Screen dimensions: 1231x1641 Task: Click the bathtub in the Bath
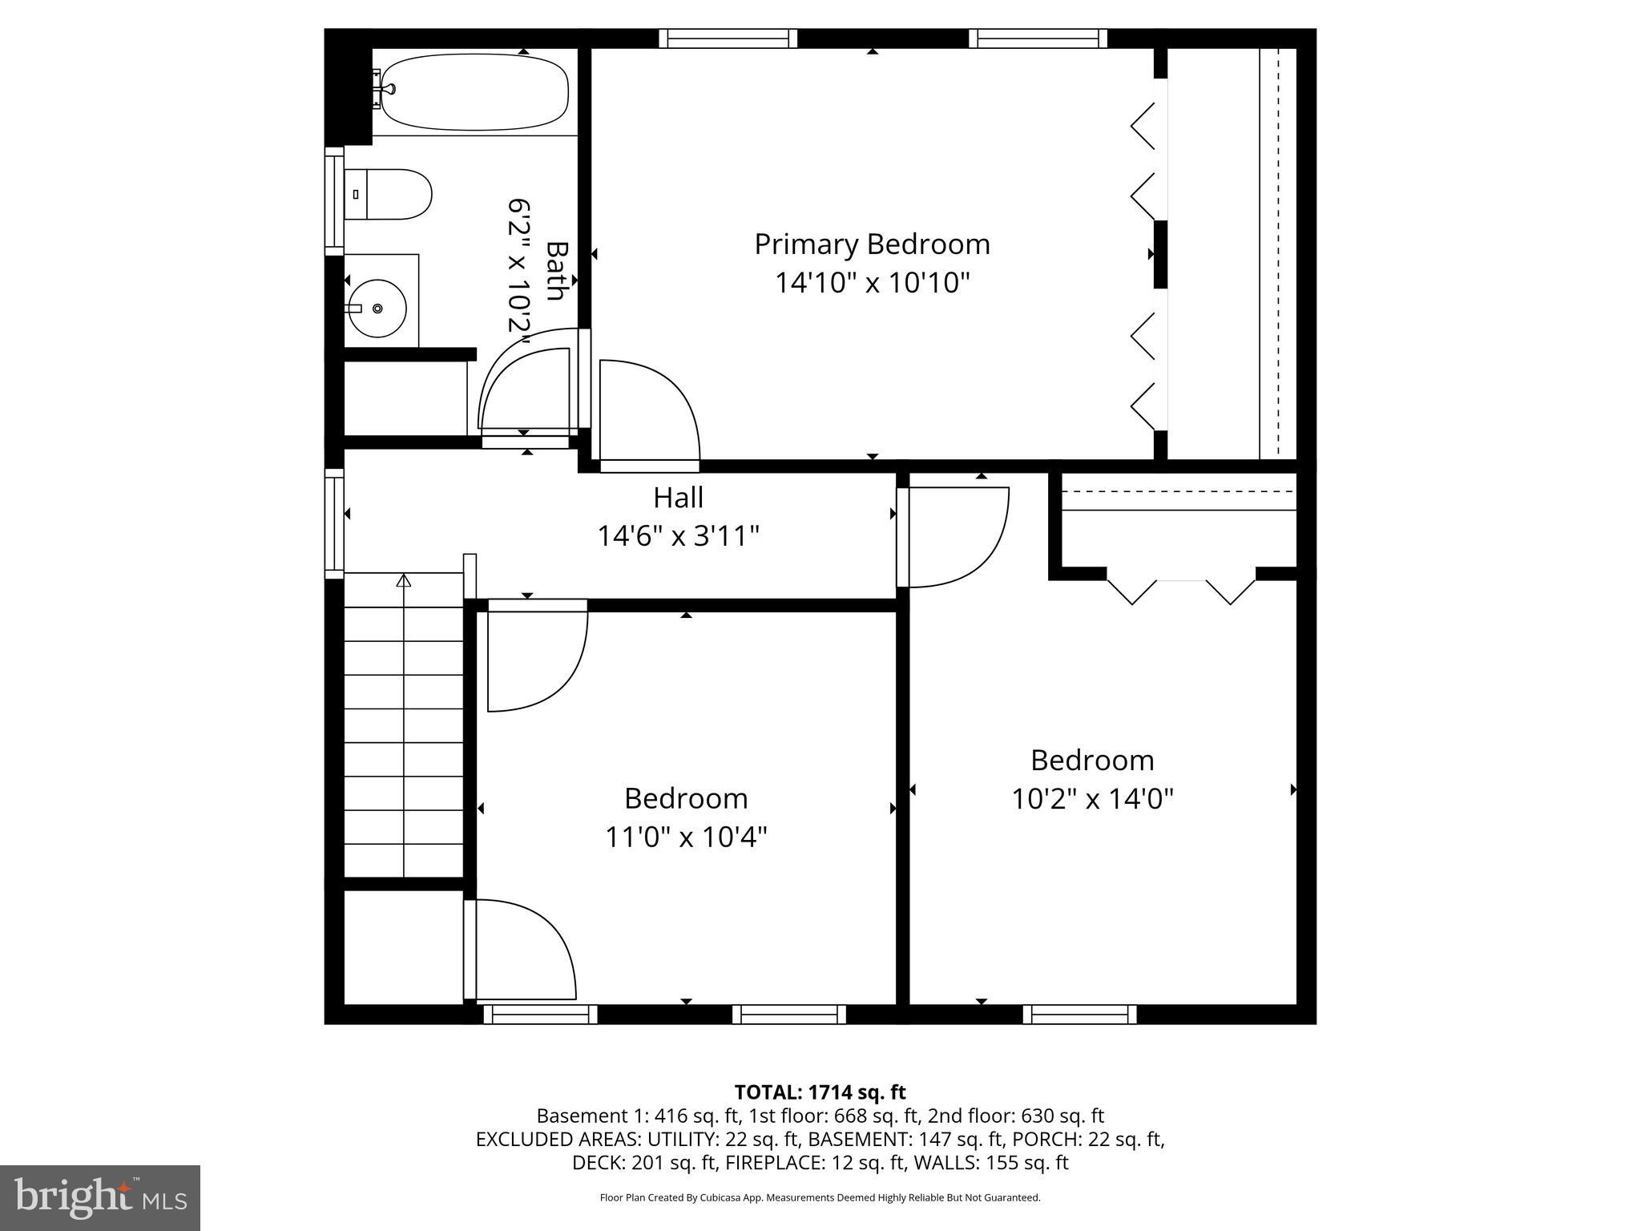[474, 91]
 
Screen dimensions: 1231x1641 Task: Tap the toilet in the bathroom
[389, 194]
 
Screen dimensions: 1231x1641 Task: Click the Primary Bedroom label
[872, 244]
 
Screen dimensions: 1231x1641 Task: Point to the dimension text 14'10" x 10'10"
[872, 283]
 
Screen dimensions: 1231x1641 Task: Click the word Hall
[678, 498]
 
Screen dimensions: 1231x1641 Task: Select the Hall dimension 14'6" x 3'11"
[678, 535]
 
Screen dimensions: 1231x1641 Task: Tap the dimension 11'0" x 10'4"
[686, 837]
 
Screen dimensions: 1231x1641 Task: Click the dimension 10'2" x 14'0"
[1092, 799]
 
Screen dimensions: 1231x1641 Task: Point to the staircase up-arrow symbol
[404, 581]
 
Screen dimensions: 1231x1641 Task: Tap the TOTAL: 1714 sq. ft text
[820, 1092]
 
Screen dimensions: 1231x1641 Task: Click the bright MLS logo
[100, 1198]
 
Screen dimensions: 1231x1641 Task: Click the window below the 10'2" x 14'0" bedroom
[1079, 1015]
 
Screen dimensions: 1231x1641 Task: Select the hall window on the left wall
[334, 523]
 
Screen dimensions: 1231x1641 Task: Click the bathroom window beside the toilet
[334, 201]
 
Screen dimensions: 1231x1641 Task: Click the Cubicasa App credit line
[820, 1197]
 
